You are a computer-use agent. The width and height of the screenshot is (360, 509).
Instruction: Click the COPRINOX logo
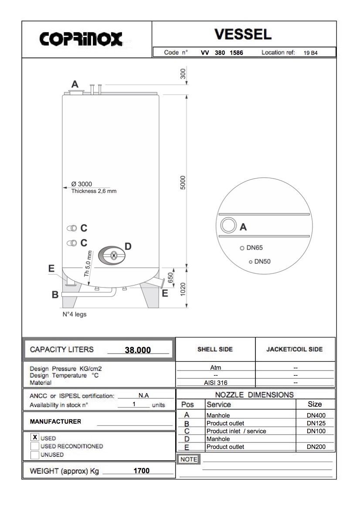[x=81, y=39]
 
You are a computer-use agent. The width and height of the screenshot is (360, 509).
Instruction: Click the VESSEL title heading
[x=243, y=34]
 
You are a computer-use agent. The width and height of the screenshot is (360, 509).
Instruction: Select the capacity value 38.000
[x=138, y=350]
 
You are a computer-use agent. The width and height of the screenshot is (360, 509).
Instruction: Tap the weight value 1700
[x=142, y=471]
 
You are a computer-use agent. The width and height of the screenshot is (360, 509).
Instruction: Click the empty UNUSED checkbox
[x=35, y=455]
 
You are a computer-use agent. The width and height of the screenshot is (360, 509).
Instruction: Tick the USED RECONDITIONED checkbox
[x=35, y=446]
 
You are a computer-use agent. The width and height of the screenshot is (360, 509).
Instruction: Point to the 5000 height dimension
[x=183, y=182]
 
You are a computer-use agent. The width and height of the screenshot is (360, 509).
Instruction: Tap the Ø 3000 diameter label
[x=82, y=184]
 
